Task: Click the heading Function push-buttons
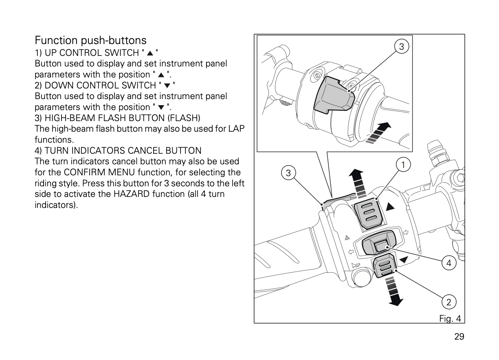tap(90, 40)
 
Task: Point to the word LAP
tap(236, 129)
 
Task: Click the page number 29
tap(459, 337)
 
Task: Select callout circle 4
tap(448, 263)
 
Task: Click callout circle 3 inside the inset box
tap(402, 47)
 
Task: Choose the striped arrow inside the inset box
tap(378, 133)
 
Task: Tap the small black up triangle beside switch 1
tap(390, 207)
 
